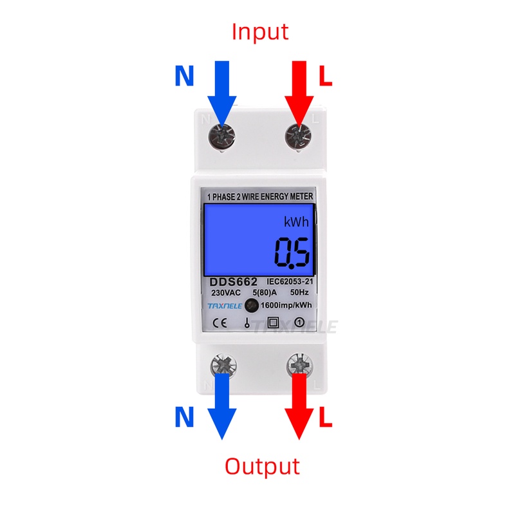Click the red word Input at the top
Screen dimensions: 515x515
point(260,31)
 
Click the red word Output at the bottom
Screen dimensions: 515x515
point(262,465)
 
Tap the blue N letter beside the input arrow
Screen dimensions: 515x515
point(185,77)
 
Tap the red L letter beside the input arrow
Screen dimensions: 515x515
point(326,77)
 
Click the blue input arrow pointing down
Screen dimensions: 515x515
point(222,90)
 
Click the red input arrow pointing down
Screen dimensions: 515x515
point(299,90)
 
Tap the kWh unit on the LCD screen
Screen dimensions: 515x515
point(297,222)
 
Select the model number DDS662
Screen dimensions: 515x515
point(233,282)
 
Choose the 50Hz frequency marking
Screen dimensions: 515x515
point(299,294)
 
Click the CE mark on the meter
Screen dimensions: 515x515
point(216,323)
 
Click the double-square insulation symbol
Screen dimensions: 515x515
point(272,323)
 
